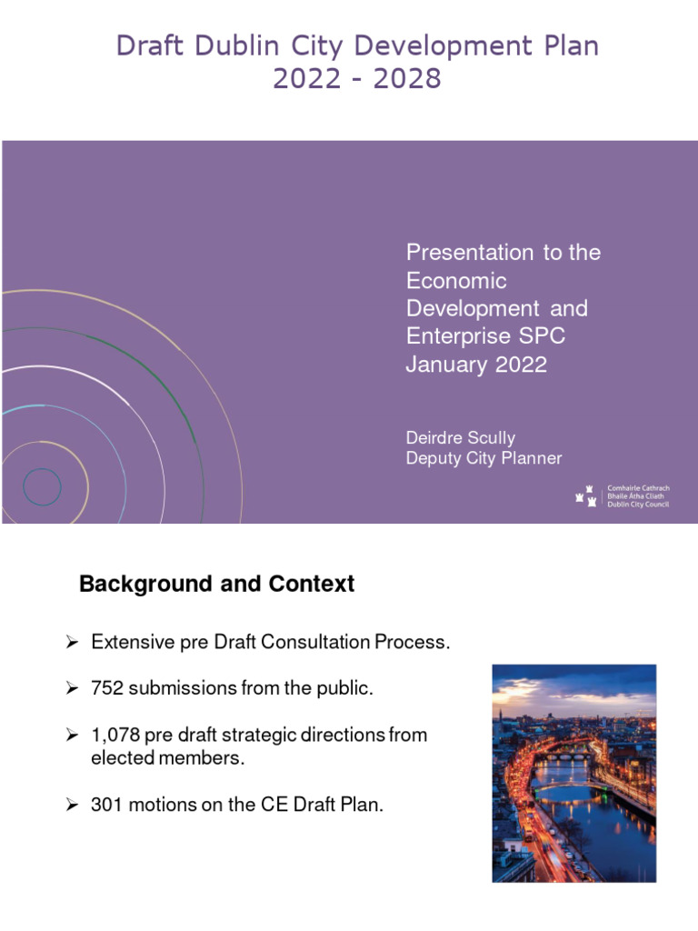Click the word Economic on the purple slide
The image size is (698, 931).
(x=456, y=280)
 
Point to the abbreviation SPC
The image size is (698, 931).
(x=542, y=336)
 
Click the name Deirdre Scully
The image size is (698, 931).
(x=460, y=438)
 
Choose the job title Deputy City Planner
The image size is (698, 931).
(x=484, y=458)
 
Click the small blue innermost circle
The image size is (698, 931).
(x=42, y=486)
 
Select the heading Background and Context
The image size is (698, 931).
(x=216, y=584)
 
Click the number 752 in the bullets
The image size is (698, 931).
(x=107, y=688)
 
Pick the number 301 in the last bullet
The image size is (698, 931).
(x=107, y=804)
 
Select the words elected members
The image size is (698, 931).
(x=168, y=758)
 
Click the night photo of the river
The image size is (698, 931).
(x=573, y=773)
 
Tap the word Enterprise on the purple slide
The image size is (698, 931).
(x=451, y=336)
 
